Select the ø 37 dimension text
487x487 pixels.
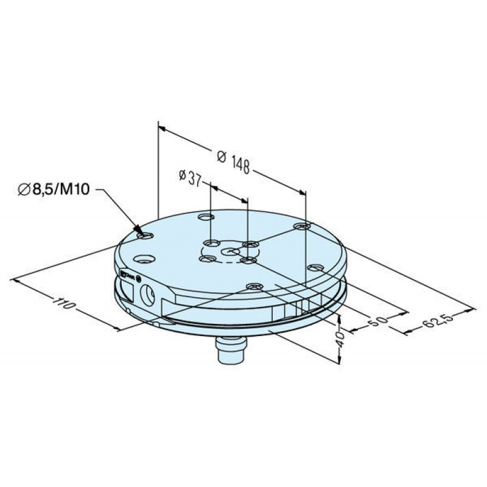pyautogui.click(x=190, y=178)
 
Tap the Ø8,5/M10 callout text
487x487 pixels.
pyautogui.click(x=54, y=189)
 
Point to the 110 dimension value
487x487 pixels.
pyautogui.click(x=64, y=303)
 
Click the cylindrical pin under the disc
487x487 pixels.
pyautogui.click(x=231, y=350)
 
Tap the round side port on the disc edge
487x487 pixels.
pyautogui.click(x=147, y=295)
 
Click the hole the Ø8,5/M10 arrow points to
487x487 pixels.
pyautogui.click(x=145, y=236)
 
